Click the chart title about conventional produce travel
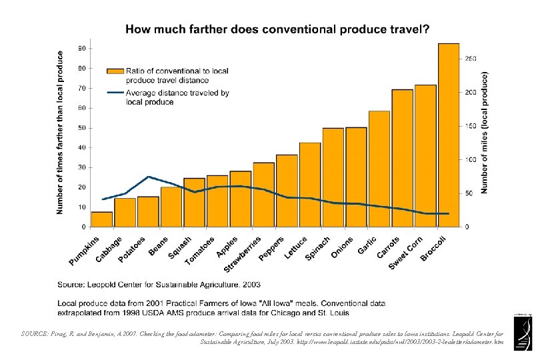277,29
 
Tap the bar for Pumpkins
102,219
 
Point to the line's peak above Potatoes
148,177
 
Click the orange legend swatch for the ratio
115,71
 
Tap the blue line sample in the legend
115,93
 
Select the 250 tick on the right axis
471,59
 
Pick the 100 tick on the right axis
471,159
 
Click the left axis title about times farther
60,133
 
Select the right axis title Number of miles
485,133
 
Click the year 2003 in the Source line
251,285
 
